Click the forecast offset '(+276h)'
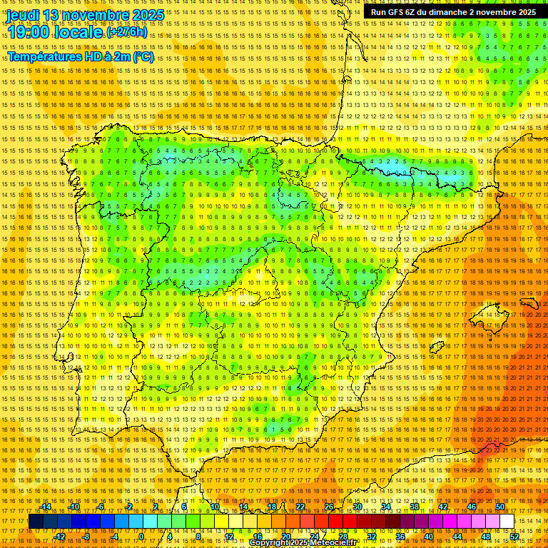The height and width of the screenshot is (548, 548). click(x=127, y=32)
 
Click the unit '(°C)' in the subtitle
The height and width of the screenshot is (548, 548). click(x=142, y=57)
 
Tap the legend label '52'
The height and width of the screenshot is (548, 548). click(x=514, y=536)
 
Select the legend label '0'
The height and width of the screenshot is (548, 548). click(x=141, y=536)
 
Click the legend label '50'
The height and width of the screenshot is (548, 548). click(x=500, y=507)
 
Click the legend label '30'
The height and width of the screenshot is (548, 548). click(x=357, y=507)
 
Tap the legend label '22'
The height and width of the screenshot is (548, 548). click(x=300, y=507)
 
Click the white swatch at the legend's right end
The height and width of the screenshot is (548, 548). click(x=507, y=522)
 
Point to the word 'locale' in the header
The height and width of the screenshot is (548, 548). click(x=78, y=33)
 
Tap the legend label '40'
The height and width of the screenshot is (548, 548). click(x=429, y=536)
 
